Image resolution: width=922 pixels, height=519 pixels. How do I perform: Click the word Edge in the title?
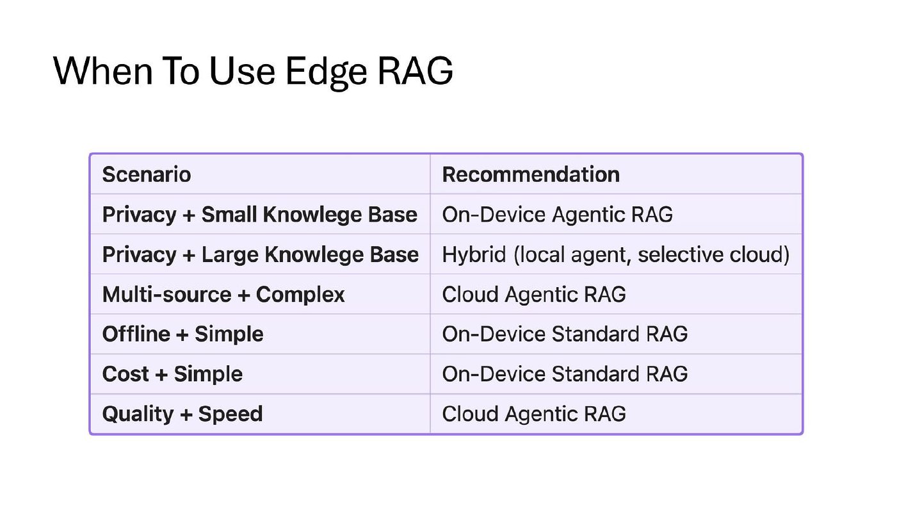[325, 72]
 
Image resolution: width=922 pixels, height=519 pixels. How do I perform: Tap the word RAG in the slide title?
[415, 71]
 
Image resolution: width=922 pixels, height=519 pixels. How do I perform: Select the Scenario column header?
[147, 174]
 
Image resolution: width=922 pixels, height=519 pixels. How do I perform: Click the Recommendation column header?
[531, 174]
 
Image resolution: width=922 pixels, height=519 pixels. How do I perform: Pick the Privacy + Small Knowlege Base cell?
[260, 215]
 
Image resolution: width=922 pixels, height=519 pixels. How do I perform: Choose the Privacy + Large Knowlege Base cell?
[261, 254]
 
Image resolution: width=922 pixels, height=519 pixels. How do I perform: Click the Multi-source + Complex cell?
[223, 295]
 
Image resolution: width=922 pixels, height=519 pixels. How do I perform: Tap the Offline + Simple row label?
[182, 334]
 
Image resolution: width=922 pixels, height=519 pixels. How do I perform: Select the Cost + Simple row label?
[172, 374]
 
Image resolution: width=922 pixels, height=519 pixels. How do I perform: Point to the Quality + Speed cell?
[182, 414]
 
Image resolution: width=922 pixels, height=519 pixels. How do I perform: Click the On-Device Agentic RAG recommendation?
[557, 215]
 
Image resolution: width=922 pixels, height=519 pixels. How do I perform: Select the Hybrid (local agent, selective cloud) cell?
[616, 254]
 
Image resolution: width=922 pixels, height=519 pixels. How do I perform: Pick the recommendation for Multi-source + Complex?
[534, 295]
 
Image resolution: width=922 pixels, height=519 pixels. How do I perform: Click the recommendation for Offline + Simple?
[565, 334]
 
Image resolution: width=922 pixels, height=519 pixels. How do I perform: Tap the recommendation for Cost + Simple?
[565, 374]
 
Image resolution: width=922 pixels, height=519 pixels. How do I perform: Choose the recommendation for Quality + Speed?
[534, 414]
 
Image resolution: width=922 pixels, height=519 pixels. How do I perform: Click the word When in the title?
[103, 71]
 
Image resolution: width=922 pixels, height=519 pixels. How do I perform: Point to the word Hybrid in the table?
[474, 254]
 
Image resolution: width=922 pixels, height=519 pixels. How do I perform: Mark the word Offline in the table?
[136, 334]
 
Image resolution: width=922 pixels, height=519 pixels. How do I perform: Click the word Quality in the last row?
[138, 414]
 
